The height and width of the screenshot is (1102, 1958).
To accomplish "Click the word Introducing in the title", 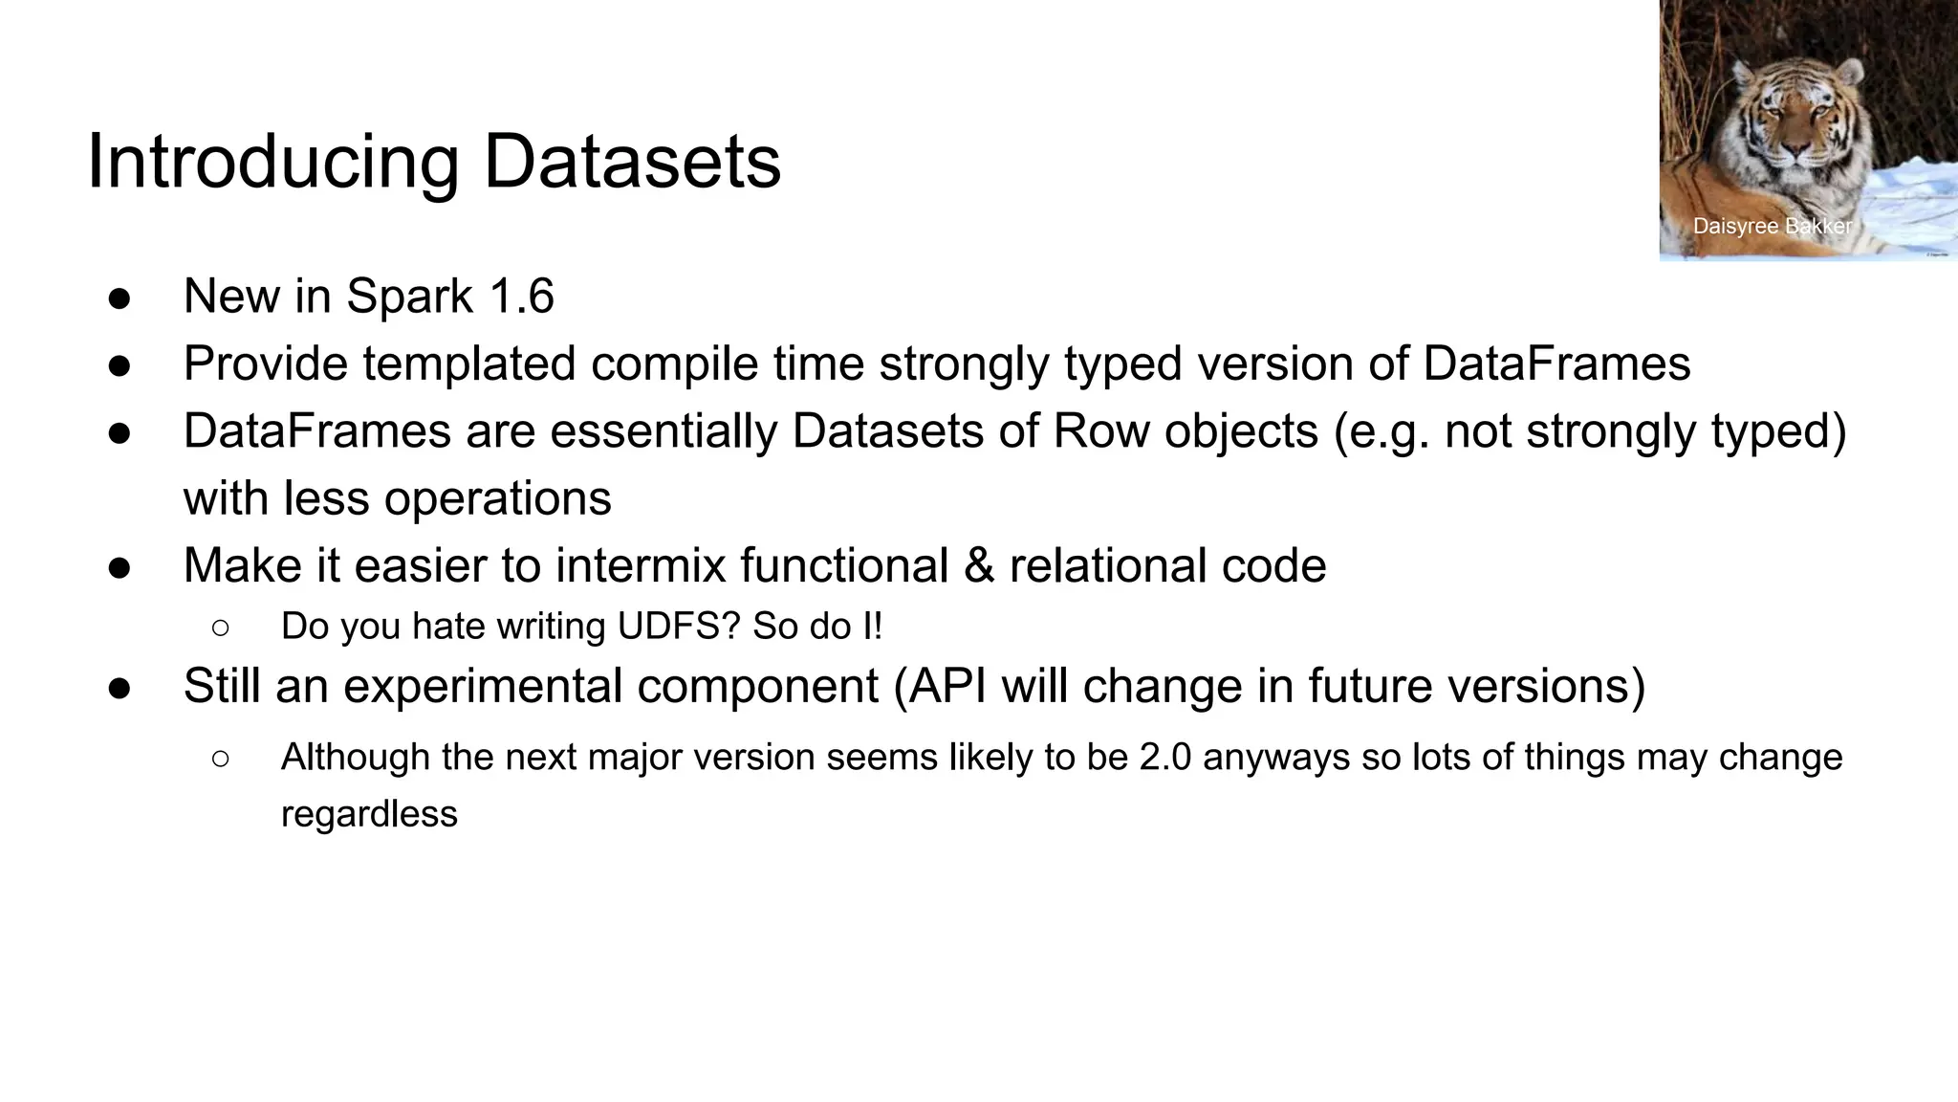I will (272, 163).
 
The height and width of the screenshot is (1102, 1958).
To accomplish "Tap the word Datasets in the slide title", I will (632, 161).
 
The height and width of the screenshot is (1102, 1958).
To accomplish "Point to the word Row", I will (1100, 430).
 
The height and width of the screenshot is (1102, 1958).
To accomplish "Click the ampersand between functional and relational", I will (979, 565).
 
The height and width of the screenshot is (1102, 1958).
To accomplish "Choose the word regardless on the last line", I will (369, 814).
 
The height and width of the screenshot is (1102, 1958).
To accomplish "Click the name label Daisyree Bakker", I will (1772, 227).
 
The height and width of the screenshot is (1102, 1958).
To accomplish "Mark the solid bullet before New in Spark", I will (120, 298).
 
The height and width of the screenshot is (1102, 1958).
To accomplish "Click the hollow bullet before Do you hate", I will (220, 628).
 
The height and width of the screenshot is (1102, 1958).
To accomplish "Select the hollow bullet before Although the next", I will (220, 759).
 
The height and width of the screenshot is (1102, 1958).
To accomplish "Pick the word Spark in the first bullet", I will (409, 296).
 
